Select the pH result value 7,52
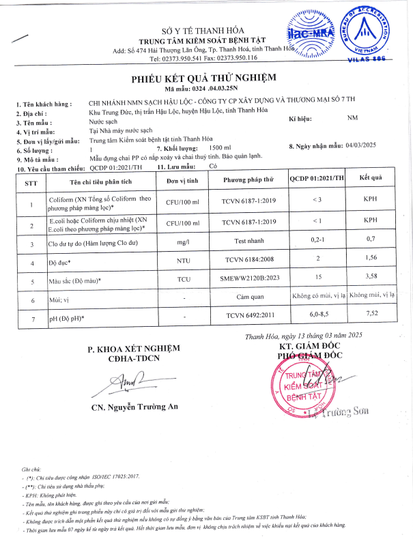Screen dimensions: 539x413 (x=371, y=315)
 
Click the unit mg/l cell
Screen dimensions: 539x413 (x=182, y=242)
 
